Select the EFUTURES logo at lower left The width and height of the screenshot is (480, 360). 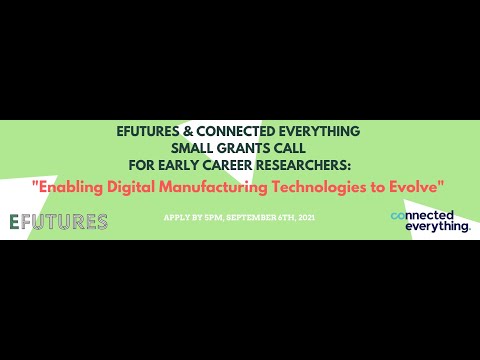pos(58,221)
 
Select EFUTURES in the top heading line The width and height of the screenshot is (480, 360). pos(152,131)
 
